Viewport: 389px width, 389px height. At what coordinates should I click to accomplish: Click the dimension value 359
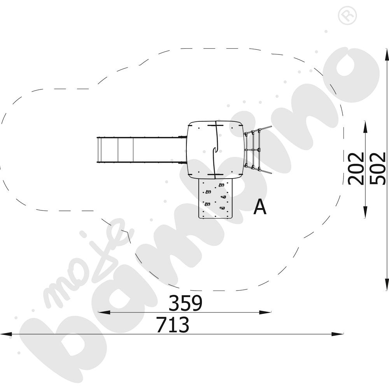(x=186, y=303)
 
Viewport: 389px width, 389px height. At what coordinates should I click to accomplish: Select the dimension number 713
(x=172, y=325)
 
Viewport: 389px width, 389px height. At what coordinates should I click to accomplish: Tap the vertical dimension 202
(x=356, y=168)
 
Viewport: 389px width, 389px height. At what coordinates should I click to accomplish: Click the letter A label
(x=260, y=207)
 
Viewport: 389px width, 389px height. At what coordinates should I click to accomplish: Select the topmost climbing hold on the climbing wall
(x=221, y=184)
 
